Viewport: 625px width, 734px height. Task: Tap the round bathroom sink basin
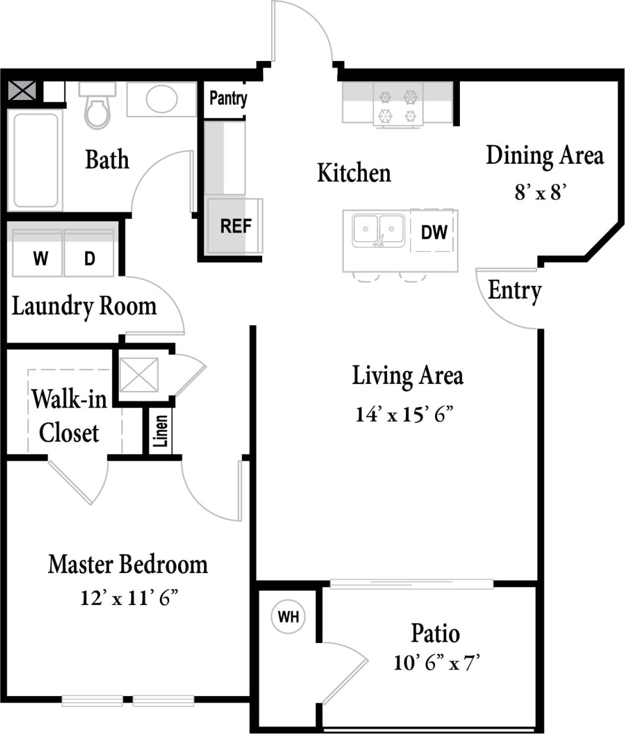click(162, 99)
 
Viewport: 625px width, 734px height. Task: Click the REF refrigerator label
click(236, 226)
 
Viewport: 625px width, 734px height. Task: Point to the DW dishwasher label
click(434, 232)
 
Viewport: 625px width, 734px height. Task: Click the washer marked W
click(40, 258)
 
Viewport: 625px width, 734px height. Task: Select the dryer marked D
click(89, 258)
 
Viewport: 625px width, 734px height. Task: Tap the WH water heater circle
click(288, 617)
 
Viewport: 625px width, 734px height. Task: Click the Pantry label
click(228, 98)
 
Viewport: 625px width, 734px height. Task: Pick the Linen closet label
click(161, 431)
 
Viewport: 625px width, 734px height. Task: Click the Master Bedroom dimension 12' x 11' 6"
click(129, 599)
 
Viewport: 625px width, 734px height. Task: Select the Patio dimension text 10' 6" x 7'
click(436, 663)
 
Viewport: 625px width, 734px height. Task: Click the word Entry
click(514, 290)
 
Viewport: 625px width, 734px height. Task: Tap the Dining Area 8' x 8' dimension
click(541, 192)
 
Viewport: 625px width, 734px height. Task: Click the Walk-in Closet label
click(69, 416)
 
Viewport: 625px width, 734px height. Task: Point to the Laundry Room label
click(84, 306)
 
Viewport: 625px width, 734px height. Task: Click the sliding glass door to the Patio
click(411, 584)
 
